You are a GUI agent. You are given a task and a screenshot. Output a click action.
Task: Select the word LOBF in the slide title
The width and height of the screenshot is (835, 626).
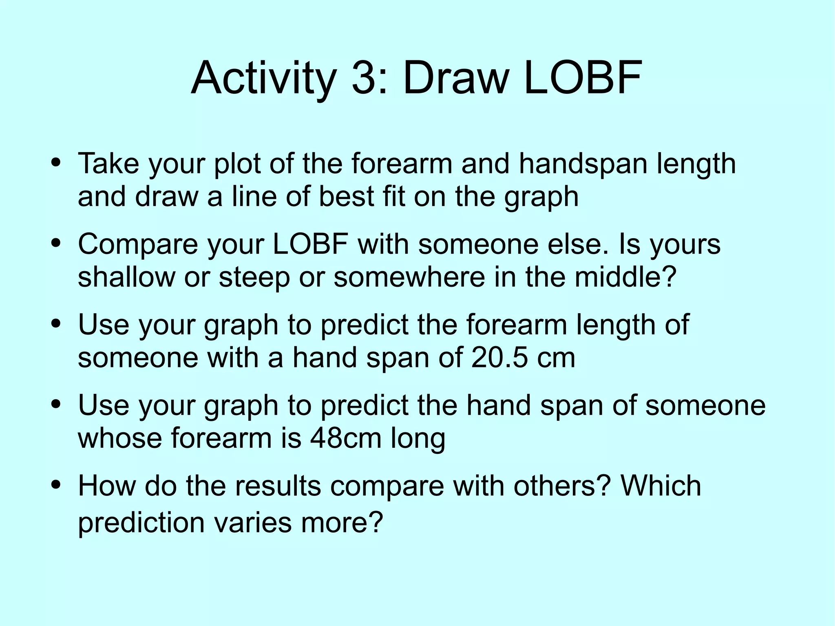583,77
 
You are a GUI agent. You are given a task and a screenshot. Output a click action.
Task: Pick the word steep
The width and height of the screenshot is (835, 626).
254,278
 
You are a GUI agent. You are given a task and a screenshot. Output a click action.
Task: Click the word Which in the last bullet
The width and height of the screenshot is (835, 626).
660,486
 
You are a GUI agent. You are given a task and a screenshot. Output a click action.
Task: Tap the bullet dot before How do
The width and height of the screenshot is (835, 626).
56,485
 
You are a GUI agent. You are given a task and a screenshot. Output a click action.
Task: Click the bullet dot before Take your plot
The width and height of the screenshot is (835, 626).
56,163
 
